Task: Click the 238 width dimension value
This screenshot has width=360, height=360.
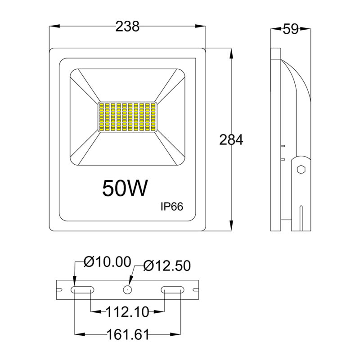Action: pyautogui.click(x=127, y=27)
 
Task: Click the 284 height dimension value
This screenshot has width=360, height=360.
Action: pyautogui.click(x=231, y=139)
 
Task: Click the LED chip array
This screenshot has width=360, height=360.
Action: pyautogui.click(x=127, y=117)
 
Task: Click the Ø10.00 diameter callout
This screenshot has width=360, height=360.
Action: pyautogui.click(x=108, y=261)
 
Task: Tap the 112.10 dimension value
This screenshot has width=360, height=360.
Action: pyautogui.click(x=127, y=311)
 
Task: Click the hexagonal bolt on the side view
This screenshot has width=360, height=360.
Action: pyautogui.click(x=301, y=170)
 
